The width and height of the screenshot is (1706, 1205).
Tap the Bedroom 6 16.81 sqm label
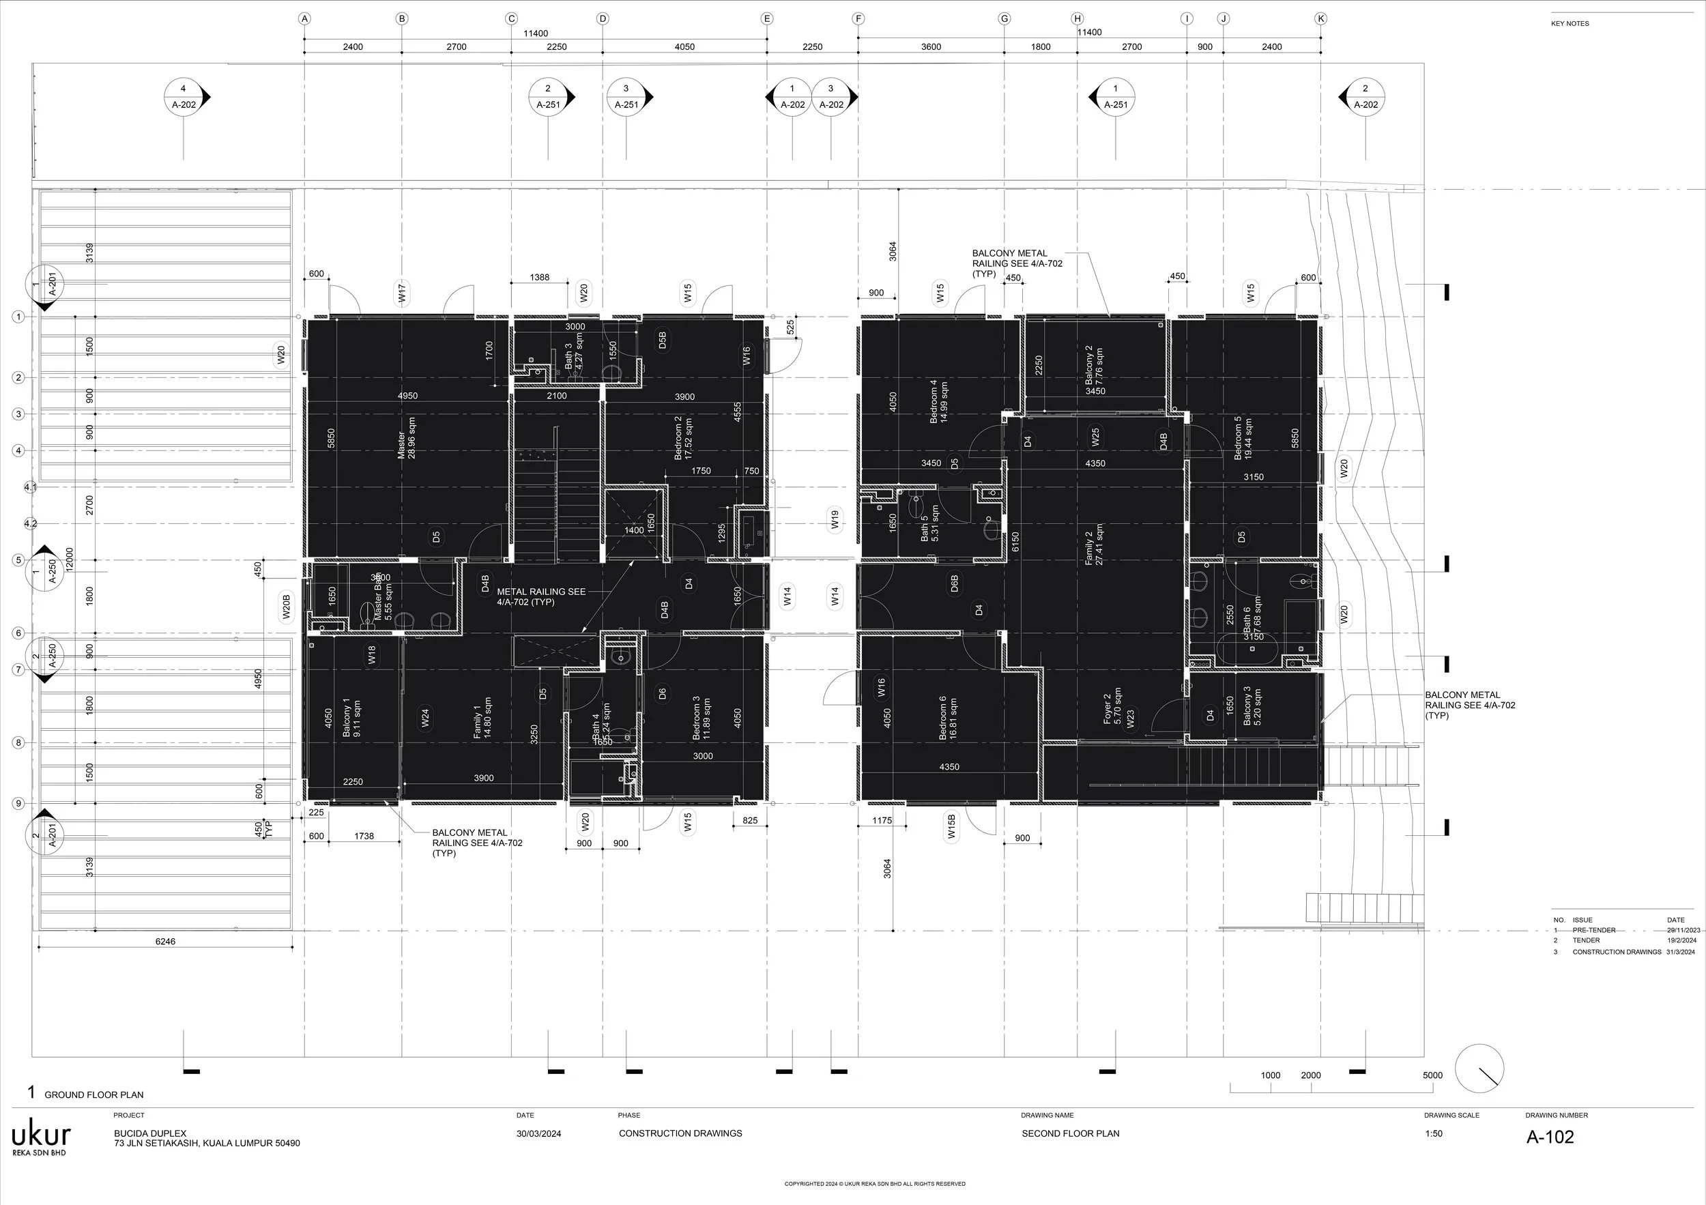pyautogui.click(x=948, y=718)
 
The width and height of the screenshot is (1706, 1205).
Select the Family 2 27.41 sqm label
pyautogui.click(x=1094, y=545)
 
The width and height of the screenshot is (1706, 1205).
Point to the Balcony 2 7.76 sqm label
pyautogui.click(x=1094, y=366)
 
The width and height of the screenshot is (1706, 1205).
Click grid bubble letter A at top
pyautogui.click(x=304, y=18)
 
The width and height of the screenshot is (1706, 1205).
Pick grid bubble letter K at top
pyautogui.click(x=1320, y=18)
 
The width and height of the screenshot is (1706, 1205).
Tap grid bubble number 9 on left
pyautogui.click(x=18, y=803)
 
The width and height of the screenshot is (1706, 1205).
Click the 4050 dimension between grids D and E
pyautogui.click(x=684, y=47)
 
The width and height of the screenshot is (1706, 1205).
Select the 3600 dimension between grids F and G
pyautogui.click(x=931, y=47)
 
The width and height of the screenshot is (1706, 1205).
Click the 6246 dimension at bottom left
pyautogui.click(x=165, y=941)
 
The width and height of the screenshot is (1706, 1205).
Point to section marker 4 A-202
pyautogui.click(x=184, y=97)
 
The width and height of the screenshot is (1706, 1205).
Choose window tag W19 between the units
pyautogui.click(x=835, y=519)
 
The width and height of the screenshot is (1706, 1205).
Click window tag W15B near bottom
pyautogui.click(x=952, y=826)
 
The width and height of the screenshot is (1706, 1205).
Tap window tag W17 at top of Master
pyautogui.click(x=402, y=292)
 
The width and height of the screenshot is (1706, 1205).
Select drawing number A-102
pyautogui.click(x=1550, y=1137)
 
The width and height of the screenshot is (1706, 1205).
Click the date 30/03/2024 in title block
pyautogui.click(x=538, y=1133)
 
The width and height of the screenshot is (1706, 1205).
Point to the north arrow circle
pyautogui.click(x=1479, y=1069)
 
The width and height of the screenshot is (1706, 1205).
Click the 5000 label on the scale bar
pyautogui.click(x=1432, y=1075)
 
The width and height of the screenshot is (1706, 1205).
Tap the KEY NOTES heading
pyautogui.click(x=1570, y=24)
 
